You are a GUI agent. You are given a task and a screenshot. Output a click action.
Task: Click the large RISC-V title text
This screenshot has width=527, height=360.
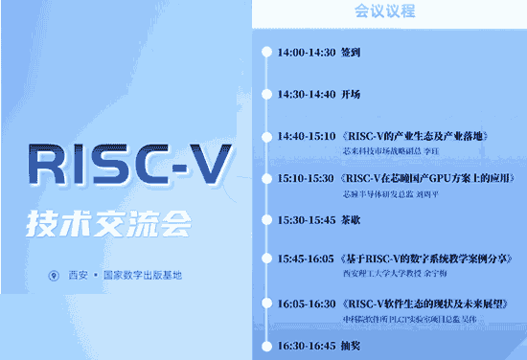(127, 167)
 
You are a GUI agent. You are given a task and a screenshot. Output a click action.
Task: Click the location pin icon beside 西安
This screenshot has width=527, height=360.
(54, 276)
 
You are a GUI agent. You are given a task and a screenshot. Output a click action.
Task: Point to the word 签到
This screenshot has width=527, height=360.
(351, 53)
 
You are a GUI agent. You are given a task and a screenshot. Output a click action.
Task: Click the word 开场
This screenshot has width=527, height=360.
(351, 95)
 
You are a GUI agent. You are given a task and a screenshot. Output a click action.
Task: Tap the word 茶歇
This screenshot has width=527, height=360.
(351, 219)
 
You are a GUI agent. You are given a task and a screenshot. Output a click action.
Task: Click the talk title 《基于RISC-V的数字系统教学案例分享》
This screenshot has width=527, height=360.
(426, 259)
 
